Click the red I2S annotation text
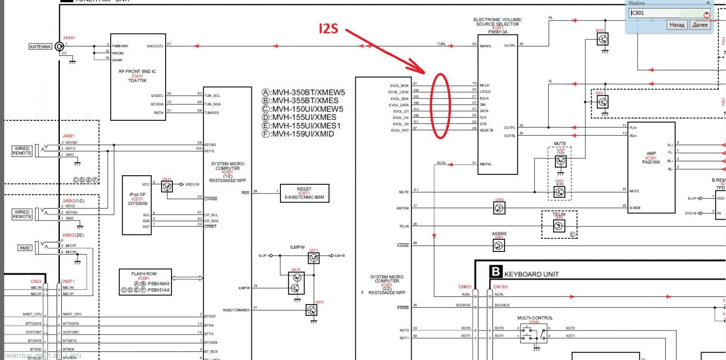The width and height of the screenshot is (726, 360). click(329, 29)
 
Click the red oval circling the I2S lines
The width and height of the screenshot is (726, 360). click(441, 106)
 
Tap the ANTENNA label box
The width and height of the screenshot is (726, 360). click(40, 47)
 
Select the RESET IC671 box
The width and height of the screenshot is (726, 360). click(304, 193)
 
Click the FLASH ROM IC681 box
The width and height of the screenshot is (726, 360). click(145, 282)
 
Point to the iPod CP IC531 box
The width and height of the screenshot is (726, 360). click(137, 205)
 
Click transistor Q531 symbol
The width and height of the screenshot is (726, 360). click(167, 186)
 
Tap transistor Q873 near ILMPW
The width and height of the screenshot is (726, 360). click(314, 258)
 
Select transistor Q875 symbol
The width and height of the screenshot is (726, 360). click(311, 310)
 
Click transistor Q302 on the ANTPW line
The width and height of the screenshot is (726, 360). click(499, 208)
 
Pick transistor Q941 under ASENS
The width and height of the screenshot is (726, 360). click(499, 246)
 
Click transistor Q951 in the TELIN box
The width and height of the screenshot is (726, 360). click(559, 226)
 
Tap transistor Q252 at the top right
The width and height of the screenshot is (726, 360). click(603, 39)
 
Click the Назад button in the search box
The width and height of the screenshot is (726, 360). click(677, 25)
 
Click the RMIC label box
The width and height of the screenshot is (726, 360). click(25, 248)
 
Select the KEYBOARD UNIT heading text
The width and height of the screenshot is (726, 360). click(531, 274)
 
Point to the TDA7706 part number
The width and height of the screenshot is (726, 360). click(137, 80)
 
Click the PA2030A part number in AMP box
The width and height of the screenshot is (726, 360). click(651, 162)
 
